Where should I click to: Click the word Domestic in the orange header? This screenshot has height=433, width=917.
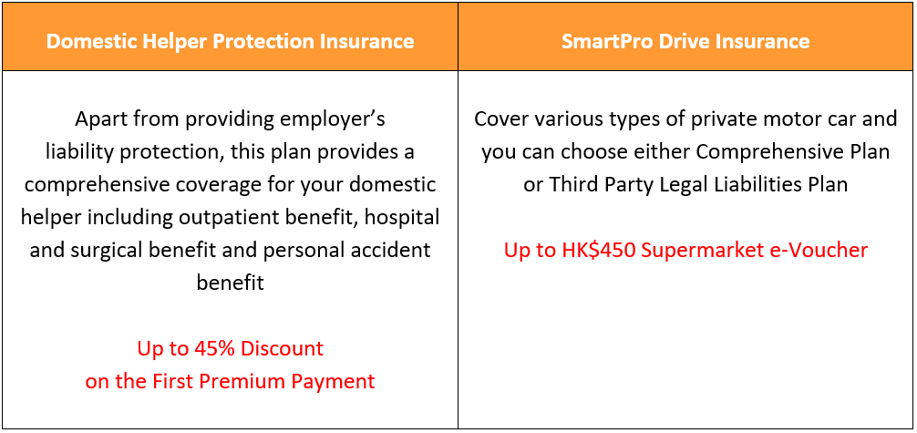click(86, 42)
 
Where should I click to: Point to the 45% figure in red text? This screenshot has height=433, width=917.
click(216, 349)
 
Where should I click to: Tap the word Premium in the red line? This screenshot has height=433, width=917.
click(242, 382)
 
